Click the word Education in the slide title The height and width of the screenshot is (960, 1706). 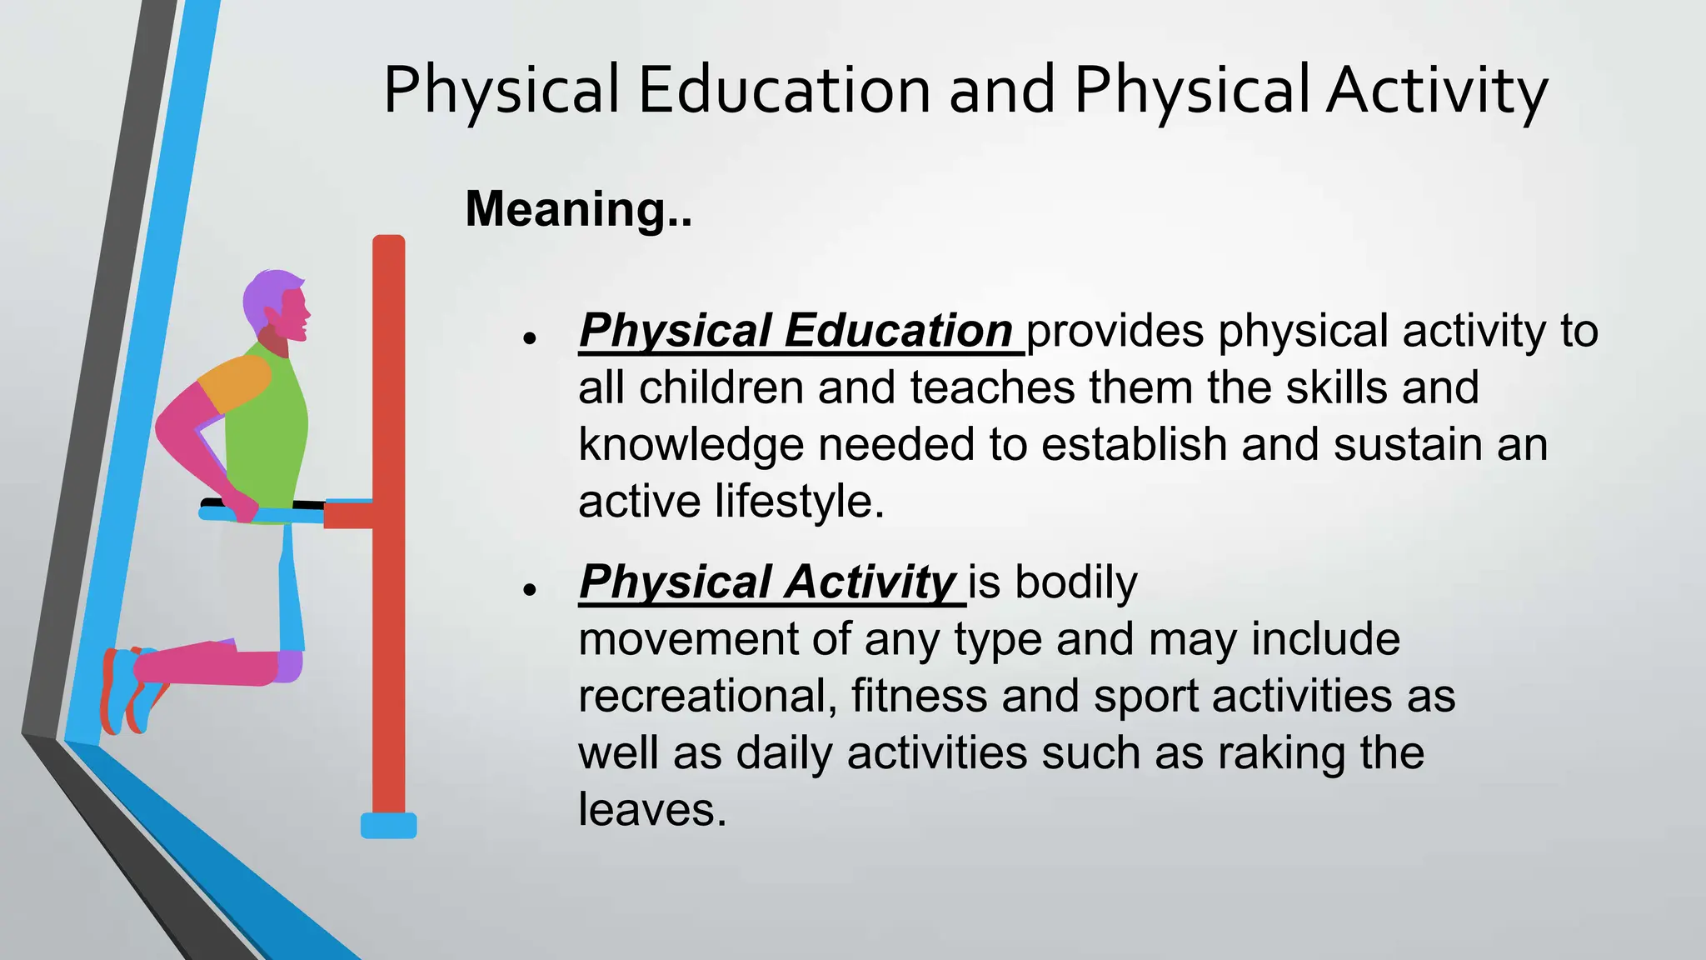[784, 89]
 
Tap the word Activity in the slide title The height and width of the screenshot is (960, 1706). [1437, 89]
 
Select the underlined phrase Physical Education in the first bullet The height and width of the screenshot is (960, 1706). [796, 331]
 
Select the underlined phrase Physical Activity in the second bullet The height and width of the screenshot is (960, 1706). [767, 582]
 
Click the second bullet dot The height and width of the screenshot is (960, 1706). [529, 589]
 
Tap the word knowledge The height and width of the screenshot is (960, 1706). [691, 444]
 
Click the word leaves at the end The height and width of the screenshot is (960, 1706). [651, 809]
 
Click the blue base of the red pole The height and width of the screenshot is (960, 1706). [388, 826]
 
